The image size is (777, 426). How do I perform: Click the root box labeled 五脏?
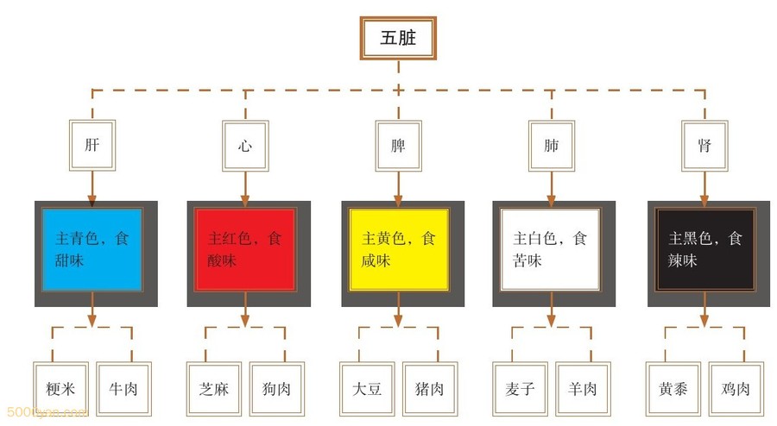tap(398, 38)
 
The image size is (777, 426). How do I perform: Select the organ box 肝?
tap(92, 146)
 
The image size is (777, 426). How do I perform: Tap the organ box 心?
tap(245, 146)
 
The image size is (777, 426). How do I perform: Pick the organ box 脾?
tap(398, 146)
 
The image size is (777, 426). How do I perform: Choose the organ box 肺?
tap(552, 146)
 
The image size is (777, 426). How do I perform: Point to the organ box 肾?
tap(704, 146)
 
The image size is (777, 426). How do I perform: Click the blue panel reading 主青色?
tap(92, 249)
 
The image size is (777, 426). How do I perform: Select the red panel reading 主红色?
tap(245, 249)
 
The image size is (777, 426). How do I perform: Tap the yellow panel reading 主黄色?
tap(398, 249)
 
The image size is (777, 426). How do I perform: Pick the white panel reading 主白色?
tap(552, 249)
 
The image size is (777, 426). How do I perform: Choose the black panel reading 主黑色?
tap(704, 249)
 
